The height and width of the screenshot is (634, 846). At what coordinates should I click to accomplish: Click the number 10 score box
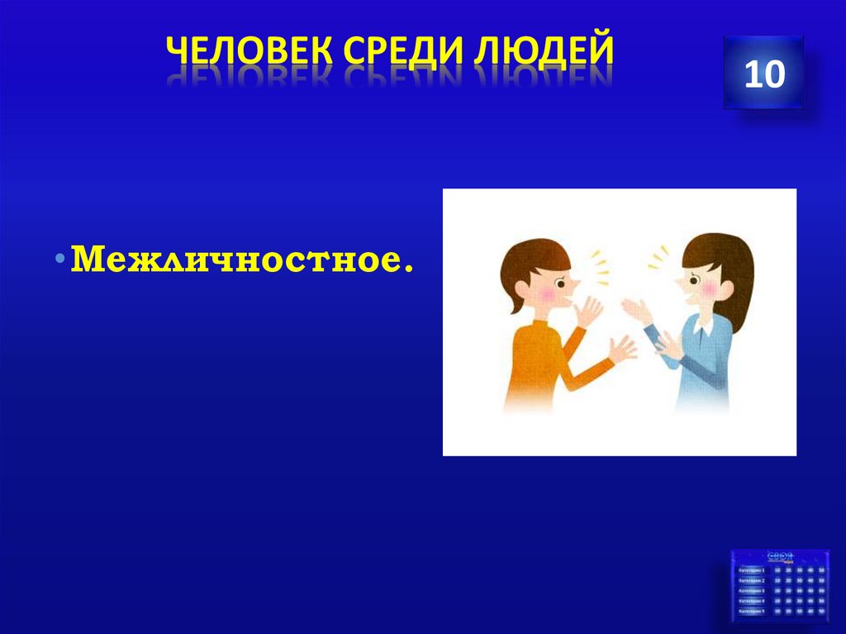pyautogui.click(x=763, y=74)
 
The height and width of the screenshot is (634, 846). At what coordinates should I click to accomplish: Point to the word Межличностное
pyautogui.click(x=241, y=260)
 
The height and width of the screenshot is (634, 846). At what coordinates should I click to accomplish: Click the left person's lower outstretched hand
pyautogui.click(x=620, y=350)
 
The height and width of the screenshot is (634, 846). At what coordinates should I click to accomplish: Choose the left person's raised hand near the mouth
pyautogui.click(x=589, y=312)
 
